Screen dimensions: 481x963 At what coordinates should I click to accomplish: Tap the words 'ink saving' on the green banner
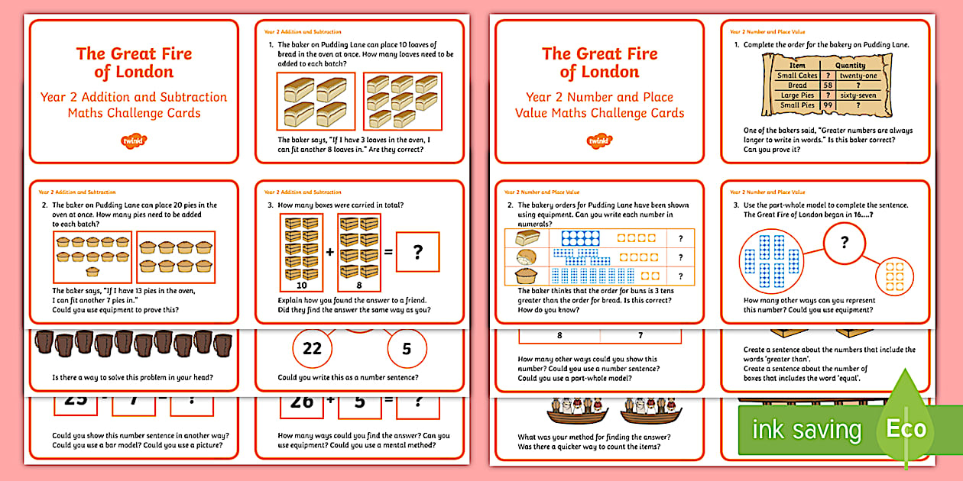click(807, 429)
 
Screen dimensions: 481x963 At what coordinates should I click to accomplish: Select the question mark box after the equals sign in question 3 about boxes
click(417, 252)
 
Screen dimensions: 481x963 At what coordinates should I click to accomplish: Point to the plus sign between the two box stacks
click(329, 251)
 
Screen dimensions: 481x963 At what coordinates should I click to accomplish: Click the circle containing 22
click(312, 349)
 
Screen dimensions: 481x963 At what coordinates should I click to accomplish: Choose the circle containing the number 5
click(406, 349)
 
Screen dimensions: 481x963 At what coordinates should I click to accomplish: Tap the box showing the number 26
click(302, 401)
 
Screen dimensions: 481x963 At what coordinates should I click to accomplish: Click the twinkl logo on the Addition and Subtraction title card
click(134, 140)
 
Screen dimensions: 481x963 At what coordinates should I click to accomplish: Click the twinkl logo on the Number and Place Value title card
click(599, 140)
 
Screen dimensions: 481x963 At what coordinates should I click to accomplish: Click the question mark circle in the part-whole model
click(844, 243)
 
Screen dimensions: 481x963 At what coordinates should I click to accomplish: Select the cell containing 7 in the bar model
click(640, 335)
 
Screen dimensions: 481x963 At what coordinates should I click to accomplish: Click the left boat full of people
click(573, 413)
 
